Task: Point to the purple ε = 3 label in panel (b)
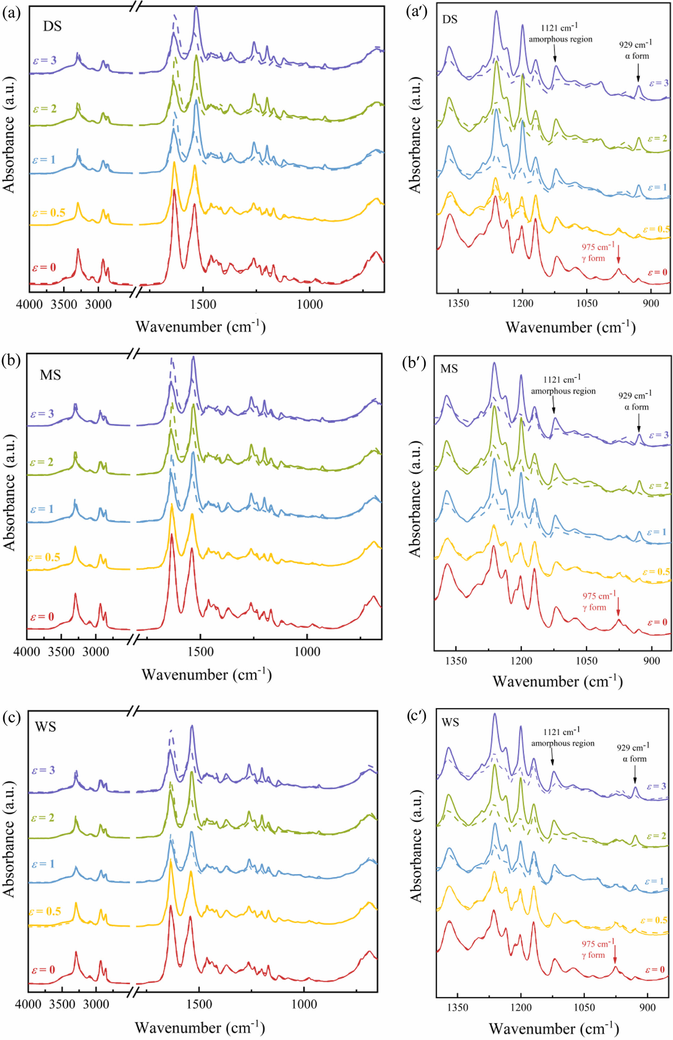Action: [42, 413]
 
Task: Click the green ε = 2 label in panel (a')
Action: [658, 139]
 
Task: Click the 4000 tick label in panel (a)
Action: [29, 304]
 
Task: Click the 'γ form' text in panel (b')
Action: [594, 607]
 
